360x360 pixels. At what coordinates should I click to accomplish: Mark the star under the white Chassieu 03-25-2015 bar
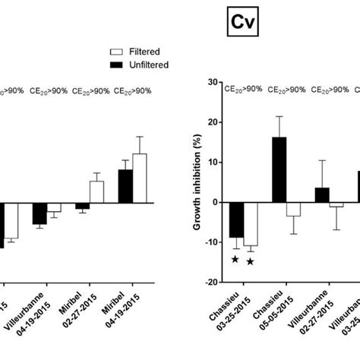pyautogui.click(x=250, y=261)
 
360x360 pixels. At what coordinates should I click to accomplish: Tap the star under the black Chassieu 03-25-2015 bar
pyautogui.click(x=235, y=260)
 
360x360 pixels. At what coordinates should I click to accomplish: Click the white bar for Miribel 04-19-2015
pyautogui.click(x=139, y=178)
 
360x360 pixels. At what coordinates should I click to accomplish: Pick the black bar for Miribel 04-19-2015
pyautogui.click(x=125, y=185)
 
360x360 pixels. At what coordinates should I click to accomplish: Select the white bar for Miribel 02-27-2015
pyautogui.click(x=96, y=191)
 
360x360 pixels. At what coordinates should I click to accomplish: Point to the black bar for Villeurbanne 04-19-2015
pyautogui.click(x=39, y=213)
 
